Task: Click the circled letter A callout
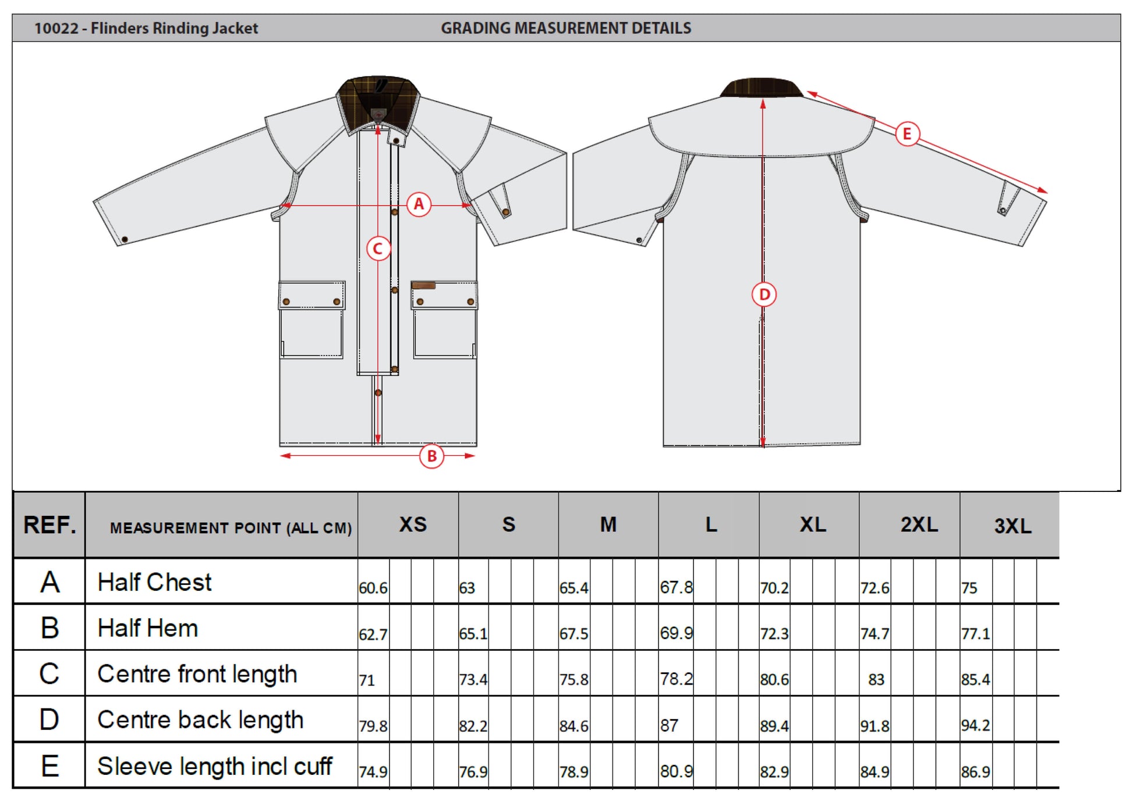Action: tap(419, 204)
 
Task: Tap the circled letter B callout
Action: tap(431, 456)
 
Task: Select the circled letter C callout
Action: tap(378, 249)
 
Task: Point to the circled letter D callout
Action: tap(764, 295)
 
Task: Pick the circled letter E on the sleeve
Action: tap(907, 134)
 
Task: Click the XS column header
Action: tap(413, 524)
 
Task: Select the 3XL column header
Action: tap(1012, 526)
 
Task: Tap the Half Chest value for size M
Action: tap(573, 588)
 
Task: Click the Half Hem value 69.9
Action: tap(676, 633)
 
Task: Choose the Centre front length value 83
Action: tap(876, 679)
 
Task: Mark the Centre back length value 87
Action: tap(669, 725)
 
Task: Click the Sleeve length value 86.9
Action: tap(975, 772)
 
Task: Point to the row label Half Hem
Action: tap(148, 629)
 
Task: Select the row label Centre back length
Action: tap(200, 720)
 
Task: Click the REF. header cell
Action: tap(49, 525)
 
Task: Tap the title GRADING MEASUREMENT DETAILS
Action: tap(565, 28)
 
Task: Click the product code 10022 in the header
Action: tap(56, 28)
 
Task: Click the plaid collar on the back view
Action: tap(761, 88)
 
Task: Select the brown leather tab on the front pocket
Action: tap(423, 285)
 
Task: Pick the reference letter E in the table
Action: tap(49, 766)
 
